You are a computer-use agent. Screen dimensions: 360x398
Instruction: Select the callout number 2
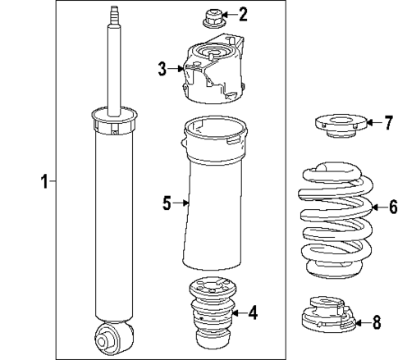242,13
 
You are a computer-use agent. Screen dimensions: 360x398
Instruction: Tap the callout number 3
163,69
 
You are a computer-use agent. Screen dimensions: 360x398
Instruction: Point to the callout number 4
252,312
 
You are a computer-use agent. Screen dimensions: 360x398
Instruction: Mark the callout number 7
388,124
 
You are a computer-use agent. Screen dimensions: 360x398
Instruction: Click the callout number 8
376,322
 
